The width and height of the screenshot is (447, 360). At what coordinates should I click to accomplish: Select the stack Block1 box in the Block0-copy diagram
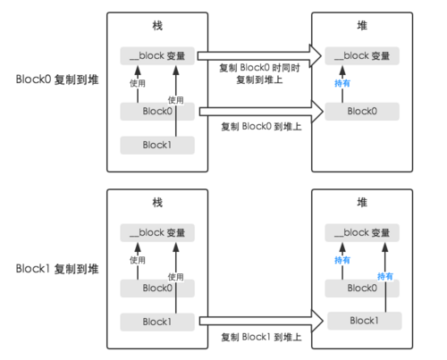(x=157, y=143)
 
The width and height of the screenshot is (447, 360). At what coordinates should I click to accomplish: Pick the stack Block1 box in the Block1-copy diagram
(x=157, y=320)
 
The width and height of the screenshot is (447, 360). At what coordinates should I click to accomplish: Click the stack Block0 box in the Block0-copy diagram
(x=157, y=112)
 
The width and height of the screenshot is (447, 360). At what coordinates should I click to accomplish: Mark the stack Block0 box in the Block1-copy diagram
(x=157, y=288)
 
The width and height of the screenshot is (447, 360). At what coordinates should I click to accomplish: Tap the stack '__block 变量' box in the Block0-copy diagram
(x=157, y=55)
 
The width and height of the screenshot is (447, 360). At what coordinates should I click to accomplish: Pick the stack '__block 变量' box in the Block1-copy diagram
(x=157, y=232)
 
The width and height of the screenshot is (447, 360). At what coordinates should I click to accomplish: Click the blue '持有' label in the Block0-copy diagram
(x=341, y=83)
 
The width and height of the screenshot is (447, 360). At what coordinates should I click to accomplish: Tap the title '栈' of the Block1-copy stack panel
(x=157, y=205)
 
